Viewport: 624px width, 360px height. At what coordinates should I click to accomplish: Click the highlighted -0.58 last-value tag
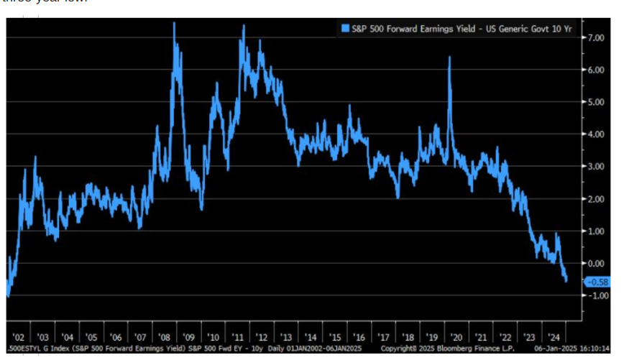[597, 282]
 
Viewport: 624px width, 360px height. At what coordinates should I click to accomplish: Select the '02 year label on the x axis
[19, 337]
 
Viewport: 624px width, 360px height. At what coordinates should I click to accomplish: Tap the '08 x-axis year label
[165, 337]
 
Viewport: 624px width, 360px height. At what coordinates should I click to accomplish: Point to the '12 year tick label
[262, 337]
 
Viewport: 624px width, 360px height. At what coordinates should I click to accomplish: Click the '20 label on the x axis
[456, 337]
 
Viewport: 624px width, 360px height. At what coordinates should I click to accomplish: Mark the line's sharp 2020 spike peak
[449, 57]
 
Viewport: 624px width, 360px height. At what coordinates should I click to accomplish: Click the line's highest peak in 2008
[175, 23]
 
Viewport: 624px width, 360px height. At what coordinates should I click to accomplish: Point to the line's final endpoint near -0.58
[566, 281]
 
